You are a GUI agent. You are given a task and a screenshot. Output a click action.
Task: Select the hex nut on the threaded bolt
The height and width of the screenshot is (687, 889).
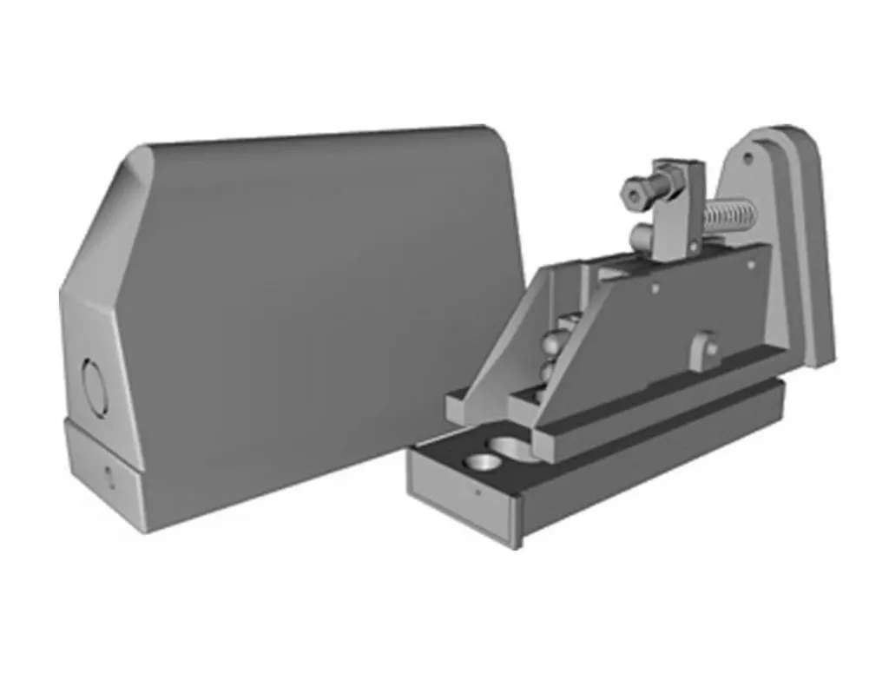pyautogui.click(x=634, y=191)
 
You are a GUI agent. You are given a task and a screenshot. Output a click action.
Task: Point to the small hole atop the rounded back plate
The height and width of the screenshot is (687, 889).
pyautogui.click(x=747, y=159)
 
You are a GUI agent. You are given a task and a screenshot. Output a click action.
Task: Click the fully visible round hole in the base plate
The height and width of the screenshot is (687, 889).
pyautogui.click(x=479, y=461)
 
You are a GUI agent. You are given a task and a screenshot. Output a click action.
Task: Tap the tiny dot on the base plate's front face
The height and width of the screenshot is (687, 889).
pyautogui.click(x=477, y=492)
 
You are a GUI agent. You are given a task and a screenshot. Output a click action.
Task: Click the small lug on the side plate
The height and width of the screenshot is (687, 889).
pyautogui.click(x=705, y=347)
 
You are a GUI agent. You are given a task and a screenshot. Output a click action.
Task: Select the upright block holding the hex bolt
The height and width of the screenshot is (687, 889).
pyautogui.click(x=675, y=208)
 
